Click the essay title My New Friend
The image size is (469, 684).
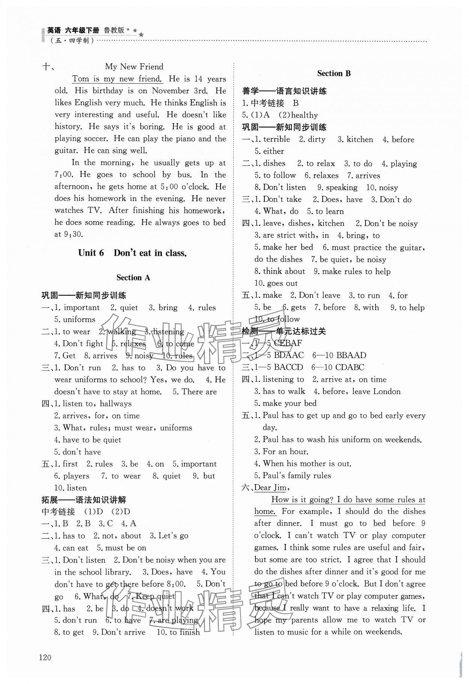(134, 67)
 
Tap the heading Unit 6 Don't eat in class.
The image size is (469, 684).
(132, 253)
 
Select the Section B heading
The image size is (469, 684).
(334, 73)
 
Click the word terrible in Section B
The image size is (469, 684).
(277, 139)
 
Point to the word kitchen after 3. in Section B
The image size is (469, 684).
(360, 139)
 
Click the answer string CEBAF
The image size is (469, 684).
(288, 343)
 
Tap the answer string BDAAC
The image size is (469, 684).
(289, 355)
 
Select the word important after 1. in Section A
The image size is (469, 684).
(81, 307)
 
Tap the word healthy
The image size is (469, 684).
(304, 115)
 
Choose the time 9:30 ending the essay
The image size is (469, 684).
(73, 234)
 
